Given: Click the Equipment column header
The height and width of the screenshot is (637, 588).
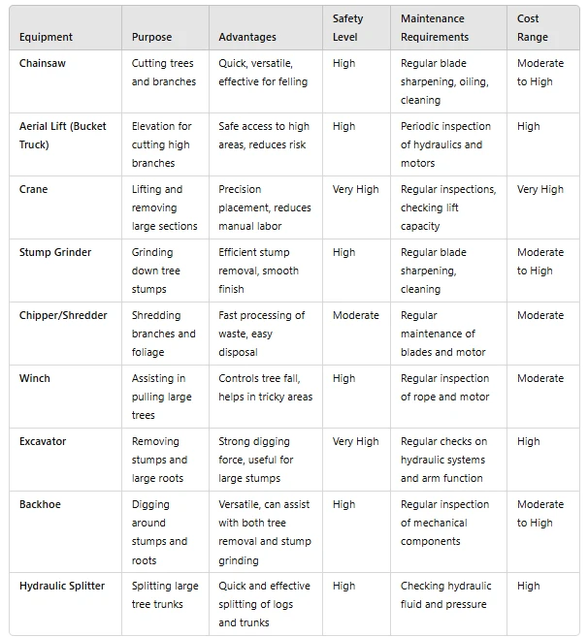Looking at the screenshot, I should point(46,37).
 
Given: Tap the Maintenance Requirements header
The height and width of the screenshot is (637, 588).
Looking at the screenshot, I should point(434,28).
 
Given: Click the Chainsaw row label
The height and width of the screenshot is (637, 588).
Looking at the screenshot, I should point(44,63).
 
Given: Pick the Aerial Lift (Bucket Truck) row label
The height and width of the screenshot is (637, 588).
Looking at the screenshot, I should point(62,136).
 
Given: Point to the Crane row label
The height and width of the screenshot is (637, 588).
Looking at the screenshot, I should point(34,189).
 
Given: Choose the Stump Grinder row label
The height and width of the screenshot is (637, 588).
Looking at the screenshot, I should point(55,252).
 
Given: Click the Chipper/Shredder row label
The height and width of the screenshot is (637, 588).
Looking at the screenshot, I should point(63,315).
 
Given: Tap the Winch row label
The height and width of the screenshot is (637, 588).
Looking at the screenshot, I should point(35,378).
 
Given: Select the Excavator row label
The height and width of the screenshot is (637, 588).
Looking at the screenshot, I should point(43,441).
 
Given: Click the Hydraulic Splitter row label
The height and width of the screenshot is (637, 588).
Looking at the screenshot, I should point(62,586).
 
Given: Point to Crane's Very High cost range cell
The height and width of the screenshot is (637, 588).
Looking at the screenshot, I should point(539,189).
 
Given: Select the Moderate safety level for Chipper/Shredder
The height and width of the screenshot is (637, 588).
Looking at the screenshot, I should point(355,315).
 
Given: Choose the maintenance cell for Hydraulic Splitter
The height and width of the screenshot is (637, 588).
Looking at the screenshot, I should point(445,595).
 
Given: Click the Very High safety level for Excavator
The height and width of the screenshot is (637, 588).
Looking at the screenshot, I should point(355,441).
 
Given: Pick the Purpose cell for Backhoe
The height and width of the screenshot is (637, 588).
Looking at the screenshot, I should point(159,532).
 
